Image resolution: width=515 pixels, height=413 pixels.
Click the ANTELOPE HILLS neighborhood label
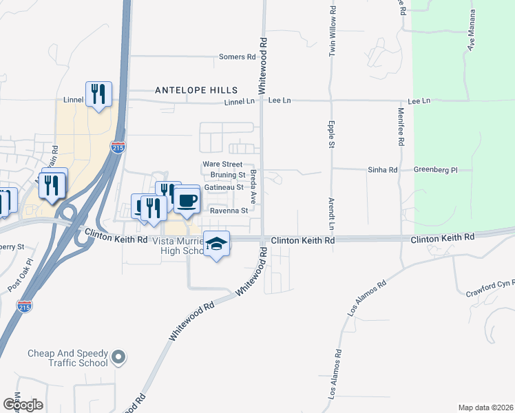196,90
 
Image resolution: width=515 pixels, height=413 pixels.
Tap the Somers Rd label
238,57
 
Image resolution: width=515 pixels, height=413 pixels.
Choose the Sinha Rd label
383,169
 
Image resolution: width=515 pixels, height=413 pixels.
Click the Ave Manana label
472,31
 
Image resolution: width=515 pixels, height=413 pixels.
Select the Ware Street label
222,165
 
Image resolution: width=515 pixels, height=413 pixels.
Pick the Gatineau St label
224,187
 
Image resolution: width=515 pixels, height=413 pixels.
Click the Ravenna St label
229,211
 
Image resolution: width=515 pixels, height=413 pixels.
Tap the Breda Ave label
253,187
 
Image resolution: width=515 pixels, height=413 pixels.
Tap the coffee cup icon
186,200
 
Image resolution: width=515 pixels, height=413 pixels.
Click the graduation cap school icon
216,244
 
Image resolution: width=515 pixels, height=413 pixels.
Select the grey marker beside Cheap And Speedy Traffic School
118,357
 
